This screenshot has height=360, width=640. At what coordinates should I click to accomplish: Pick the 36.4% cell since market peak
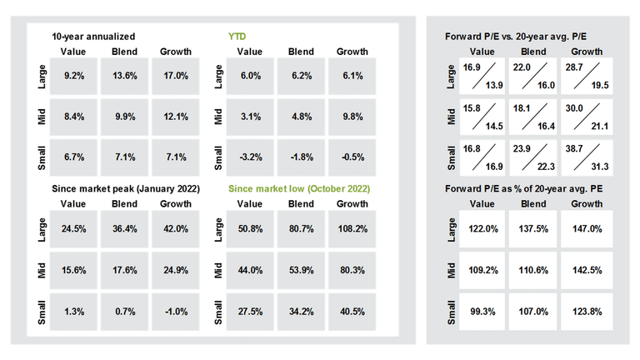pos(124,227)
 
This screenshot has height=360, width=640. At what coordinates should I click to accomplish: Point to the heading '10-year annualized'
pos(93,37)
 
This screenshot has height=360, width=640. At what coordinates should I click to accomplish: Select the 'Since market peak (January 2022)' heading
pos(126,189)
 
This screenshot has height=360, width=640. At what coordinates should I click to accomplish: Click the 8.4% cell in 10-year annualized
pos(73,116)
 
